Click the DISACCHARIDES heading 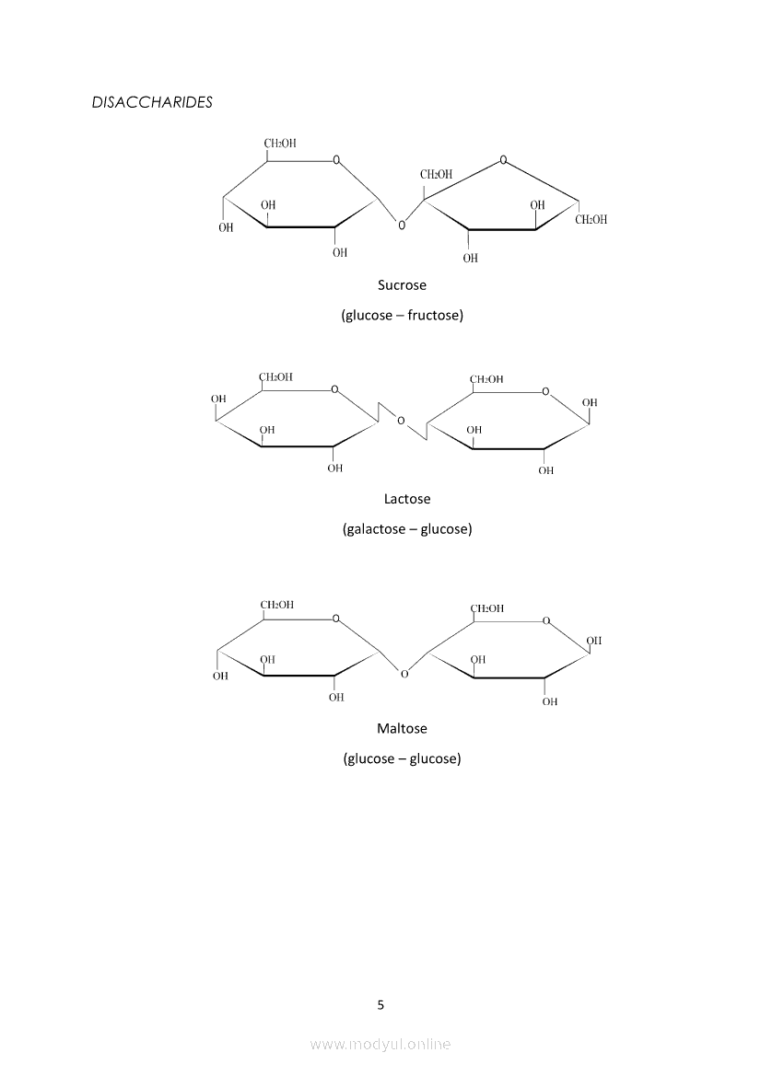(152, 102)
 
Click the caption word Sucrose (402, 285)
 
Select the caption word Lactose (407, 499)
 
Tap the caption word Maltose (402, 728)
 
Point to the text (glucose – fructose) (402, 316)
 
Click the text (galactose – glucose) (407, 529)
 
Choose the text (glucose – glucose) (402, 758)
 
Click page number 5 (380, 1004)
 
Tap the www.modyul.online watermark (380, 1044)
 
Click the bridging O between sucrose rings (400, 224)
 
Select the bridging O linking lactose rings (401, 421)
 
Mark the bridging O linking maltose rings (404, 675)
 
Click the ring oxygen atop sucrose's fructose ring (502, 159)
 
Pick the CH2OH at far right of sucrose (591, 220)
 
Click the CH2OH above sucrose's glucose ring (280, 144)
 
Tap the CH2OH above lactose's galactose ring (275, 376)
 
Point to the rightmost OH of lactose (590, 402)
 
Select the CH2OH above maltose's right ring (486, 608)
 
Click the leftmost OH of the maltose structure (220, 676)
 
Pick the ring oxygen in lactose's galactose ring (334, 389)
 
